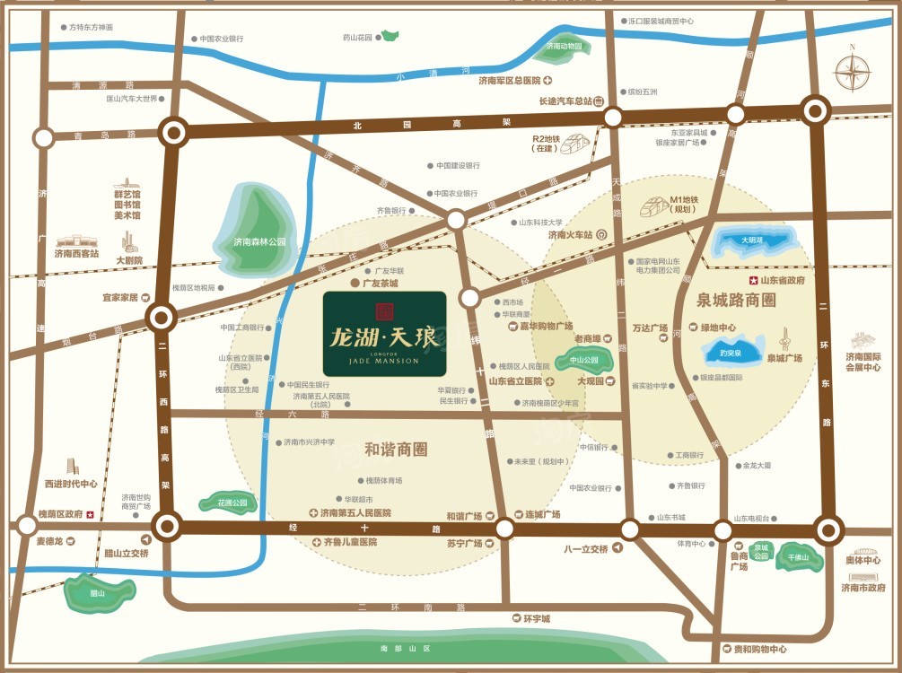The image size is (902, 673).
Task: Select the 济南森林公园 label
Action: [259, 242]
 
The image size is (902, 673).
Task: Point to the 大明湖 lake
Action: [752, 240]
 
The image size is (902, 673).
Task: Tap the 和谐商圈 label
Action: [396, 449]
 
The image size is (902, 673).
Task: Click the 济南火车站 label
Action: [572, 235]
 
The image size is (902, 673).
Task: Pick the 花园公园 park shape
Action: [220, 503]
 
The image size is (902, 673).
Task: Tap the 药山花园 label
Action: [358, 38]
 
